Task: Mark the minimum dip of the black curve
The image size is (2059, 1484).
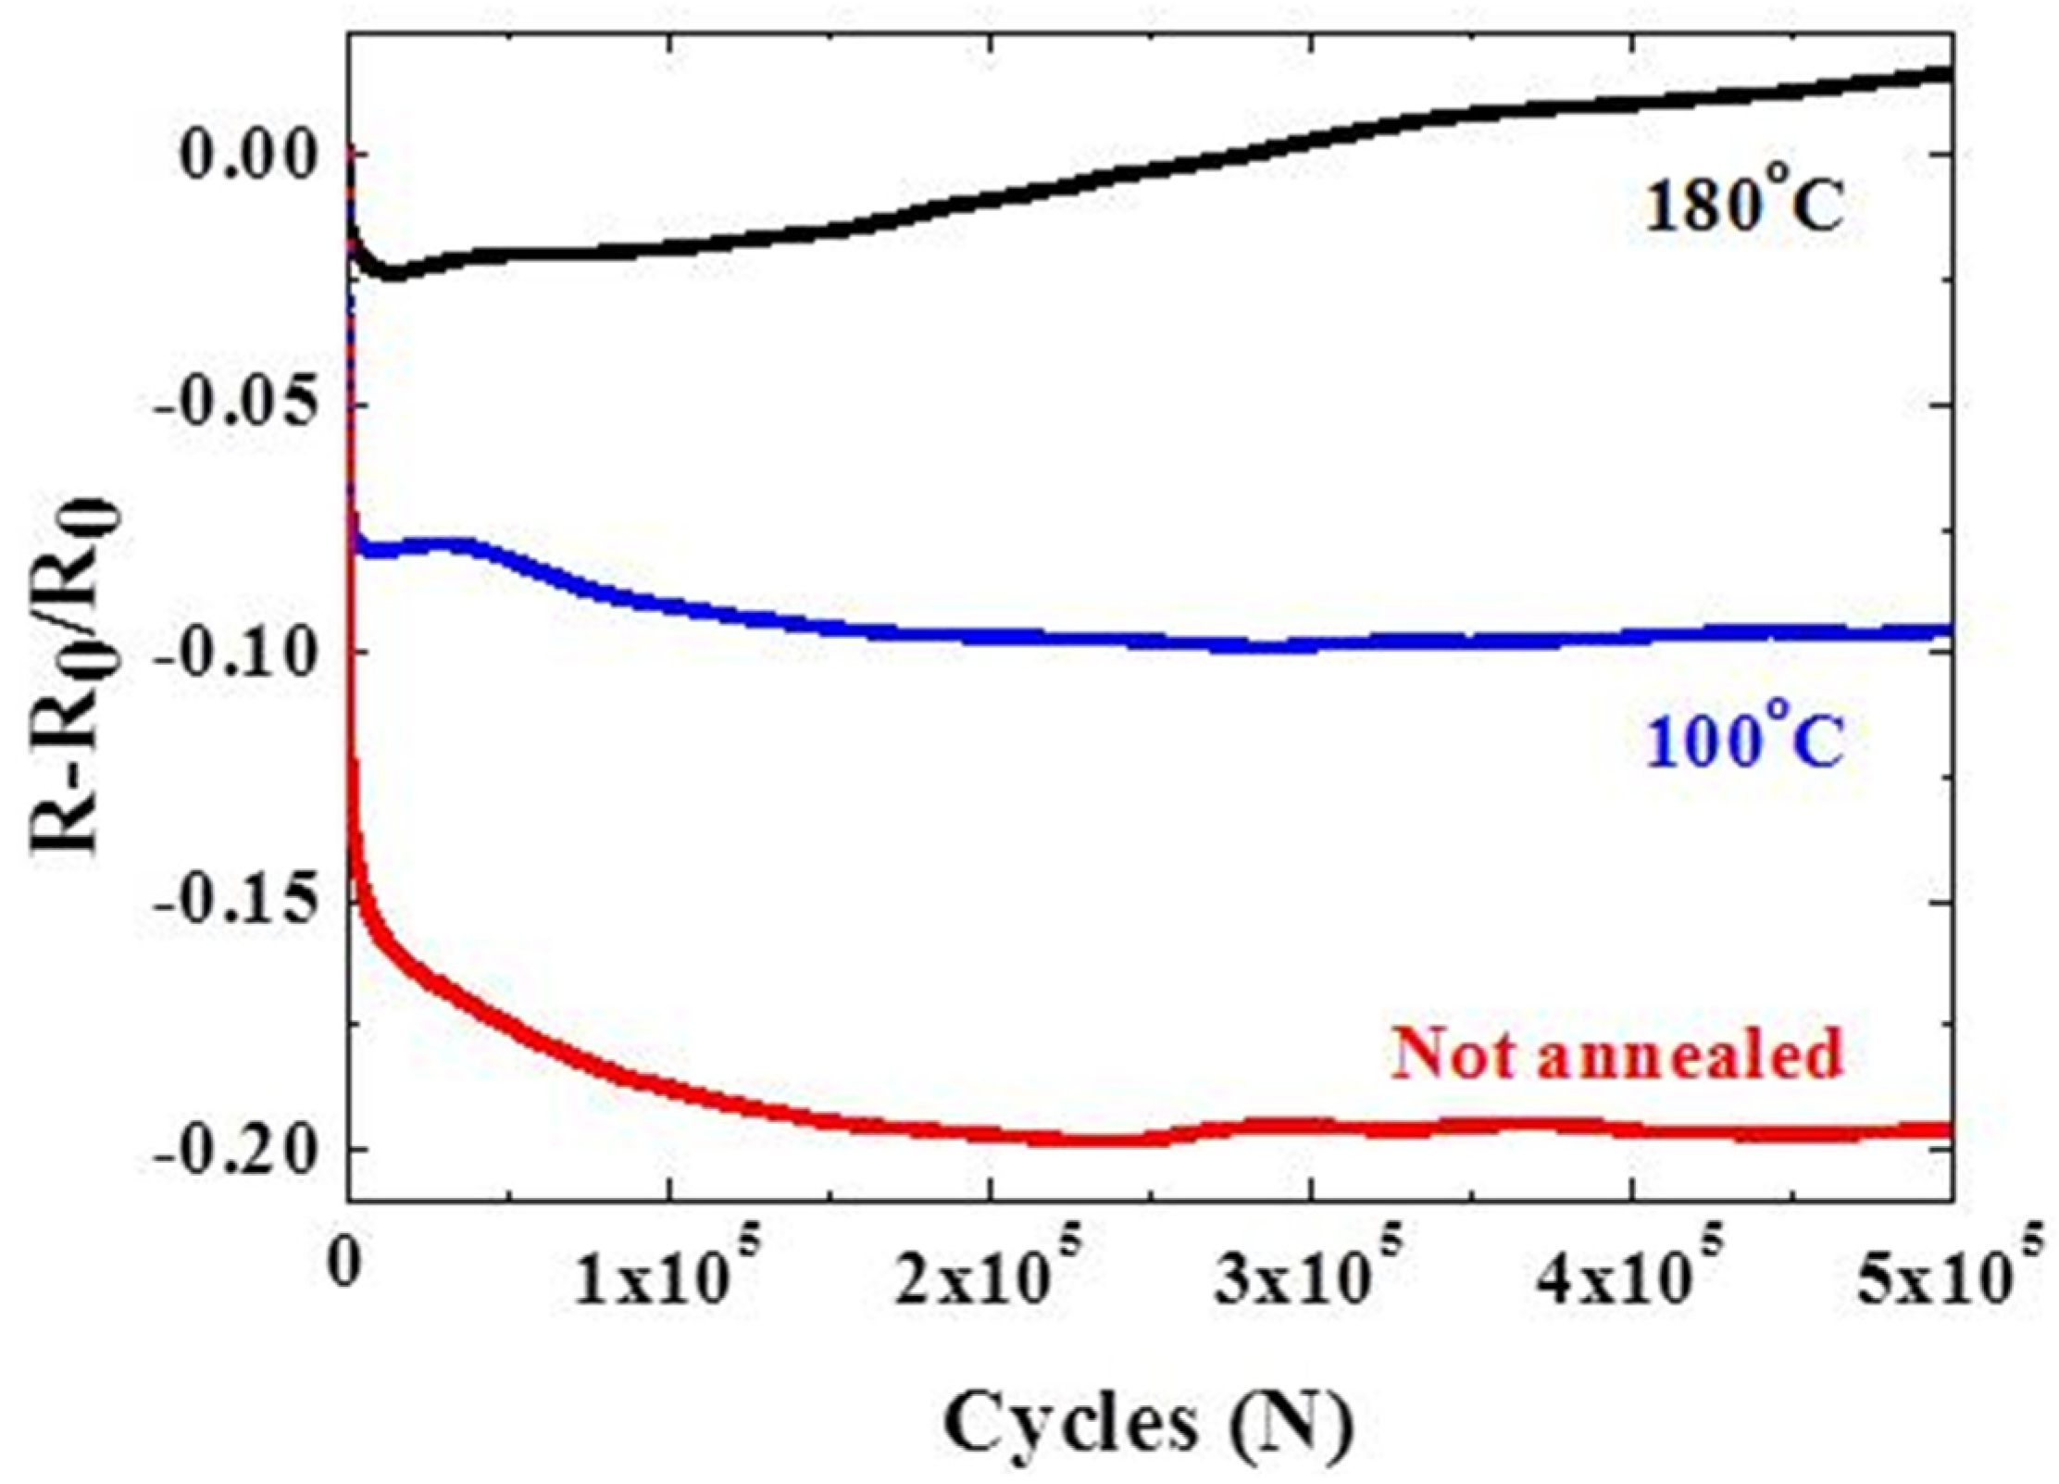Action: (393, 275)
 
